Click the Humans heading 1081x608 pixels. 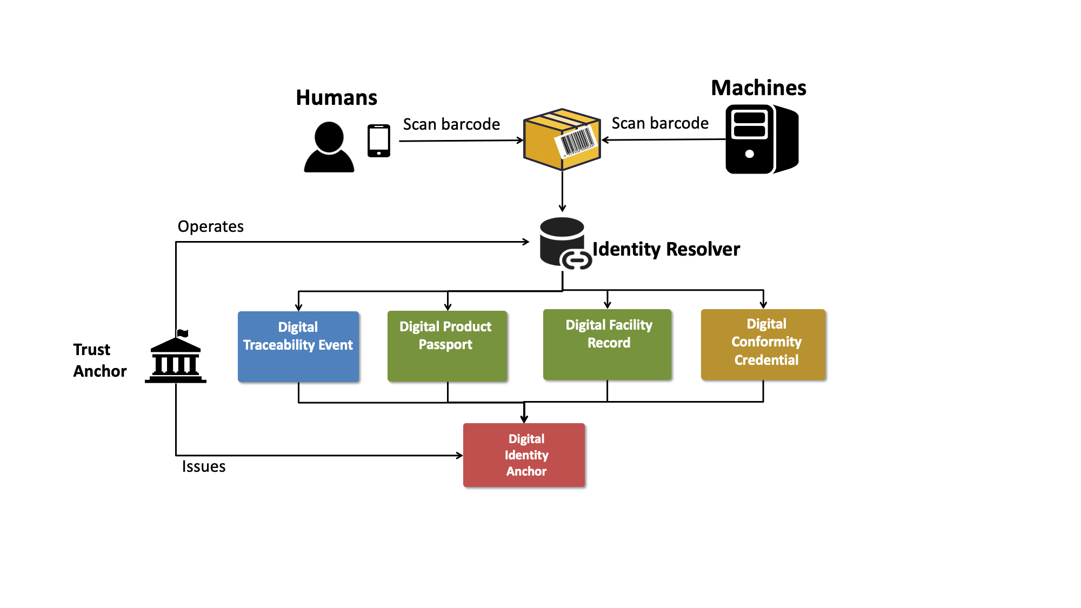point(336,98)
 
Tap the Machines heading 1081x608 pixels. point(758,88)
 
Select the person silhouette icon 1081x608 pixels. point(329,147)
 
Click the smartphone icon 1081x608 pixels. point(379,141)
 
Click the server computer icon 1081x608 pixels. point(761,139)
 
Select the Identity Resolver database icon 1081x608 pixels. point(564,243)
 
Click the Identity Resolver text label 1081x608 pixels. point(666,249)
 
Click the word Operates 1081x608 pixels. point(210,226)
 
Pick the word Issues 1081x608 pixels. point(203,466)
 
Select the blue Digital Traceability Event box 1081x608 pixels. point(298,346)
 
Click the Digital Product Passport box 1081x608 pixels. point(447,346)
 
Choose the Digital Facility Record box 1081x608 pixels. point(607,344)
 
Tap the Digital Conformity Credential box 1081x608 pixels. point(763,344)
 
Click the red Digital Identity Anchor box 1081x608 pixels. point(524,455)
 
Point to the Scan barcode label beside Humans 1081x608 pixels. point(451,124)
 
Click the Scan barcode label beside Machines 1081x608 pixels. point(660,123)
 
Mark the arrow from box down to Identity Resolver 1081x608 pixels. point(562,191)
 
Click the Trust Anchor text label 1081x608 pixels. point(99,360)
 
